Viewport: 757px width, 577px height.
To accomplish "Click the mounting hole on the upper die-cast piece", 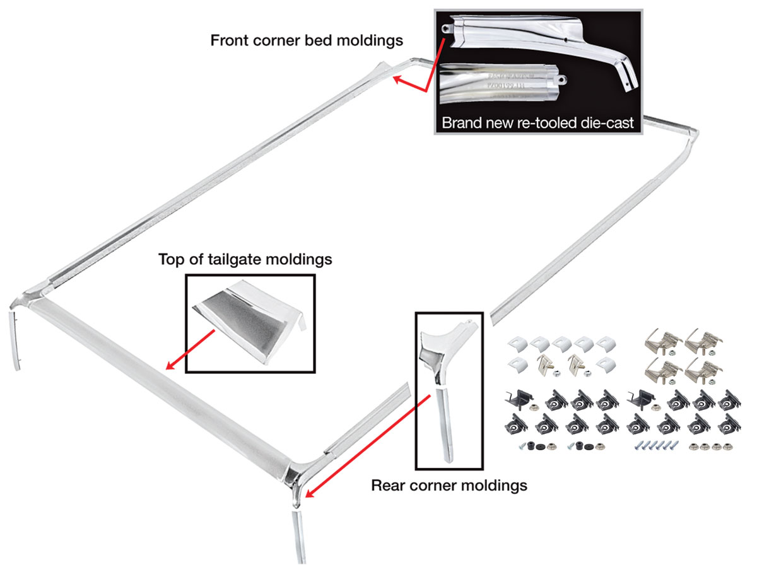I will tap(449, 28).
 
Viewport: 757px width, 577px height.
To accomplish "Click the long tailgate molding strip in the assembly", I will tap(158, 378).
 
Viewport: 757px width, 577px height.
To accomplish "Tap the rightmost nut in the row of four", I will tap(719, 446).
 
